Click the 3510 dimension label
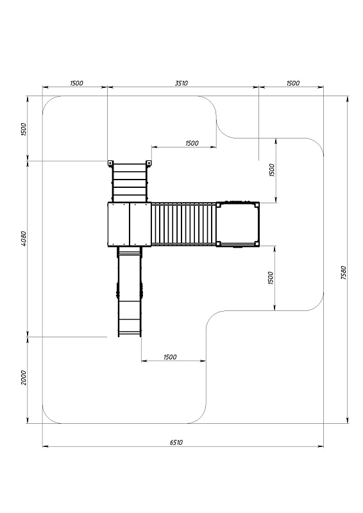click(181, 83)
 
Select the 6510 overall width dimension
click(176, 442)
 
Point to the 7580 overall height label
click(343, 273)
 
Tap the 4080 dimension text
click(23, 238)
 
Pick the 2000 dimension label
click(24, 378)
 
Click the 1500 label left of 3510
click(76, 83)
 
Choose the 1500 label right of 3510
click(292, 83)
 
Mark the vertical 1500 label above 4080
click(23, 130)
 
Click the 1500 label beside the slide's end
click(170, 357)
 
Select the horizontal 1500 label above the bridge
click(192, 143)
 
